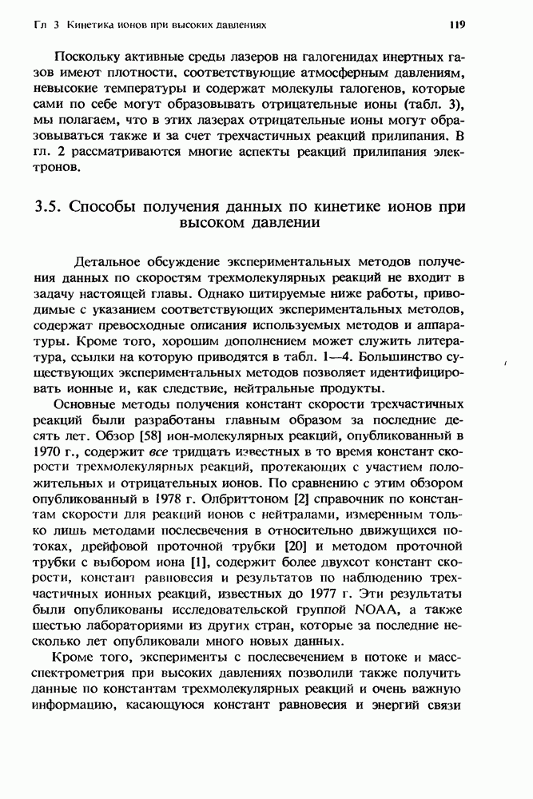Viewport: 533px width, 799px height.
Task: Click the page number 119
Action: [457, 25]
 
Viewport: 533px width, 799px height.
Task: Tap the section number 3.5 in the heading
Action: [50, 207]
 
